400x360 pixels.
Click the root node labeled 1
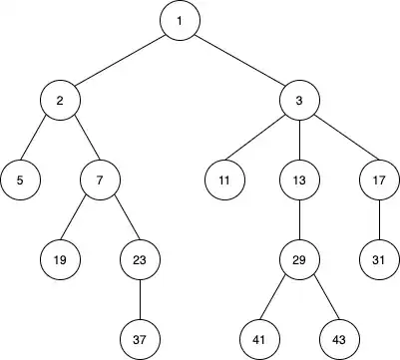pos(180,22)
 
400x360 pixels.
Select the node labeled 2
pos(60,102)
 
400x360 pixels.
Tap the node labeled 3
pos(299,102)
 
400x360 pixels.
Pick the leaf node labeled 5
pos(20,180)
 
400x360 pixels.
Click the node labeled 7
pos(100,180)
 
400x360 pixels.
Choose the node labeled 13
pos(299,180)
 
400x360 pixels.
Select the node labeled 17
pos(379,180)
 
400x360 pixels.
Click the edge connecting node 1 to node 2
pos(120,62)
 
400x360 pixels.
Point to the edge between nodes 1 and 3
pos(239,62)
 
